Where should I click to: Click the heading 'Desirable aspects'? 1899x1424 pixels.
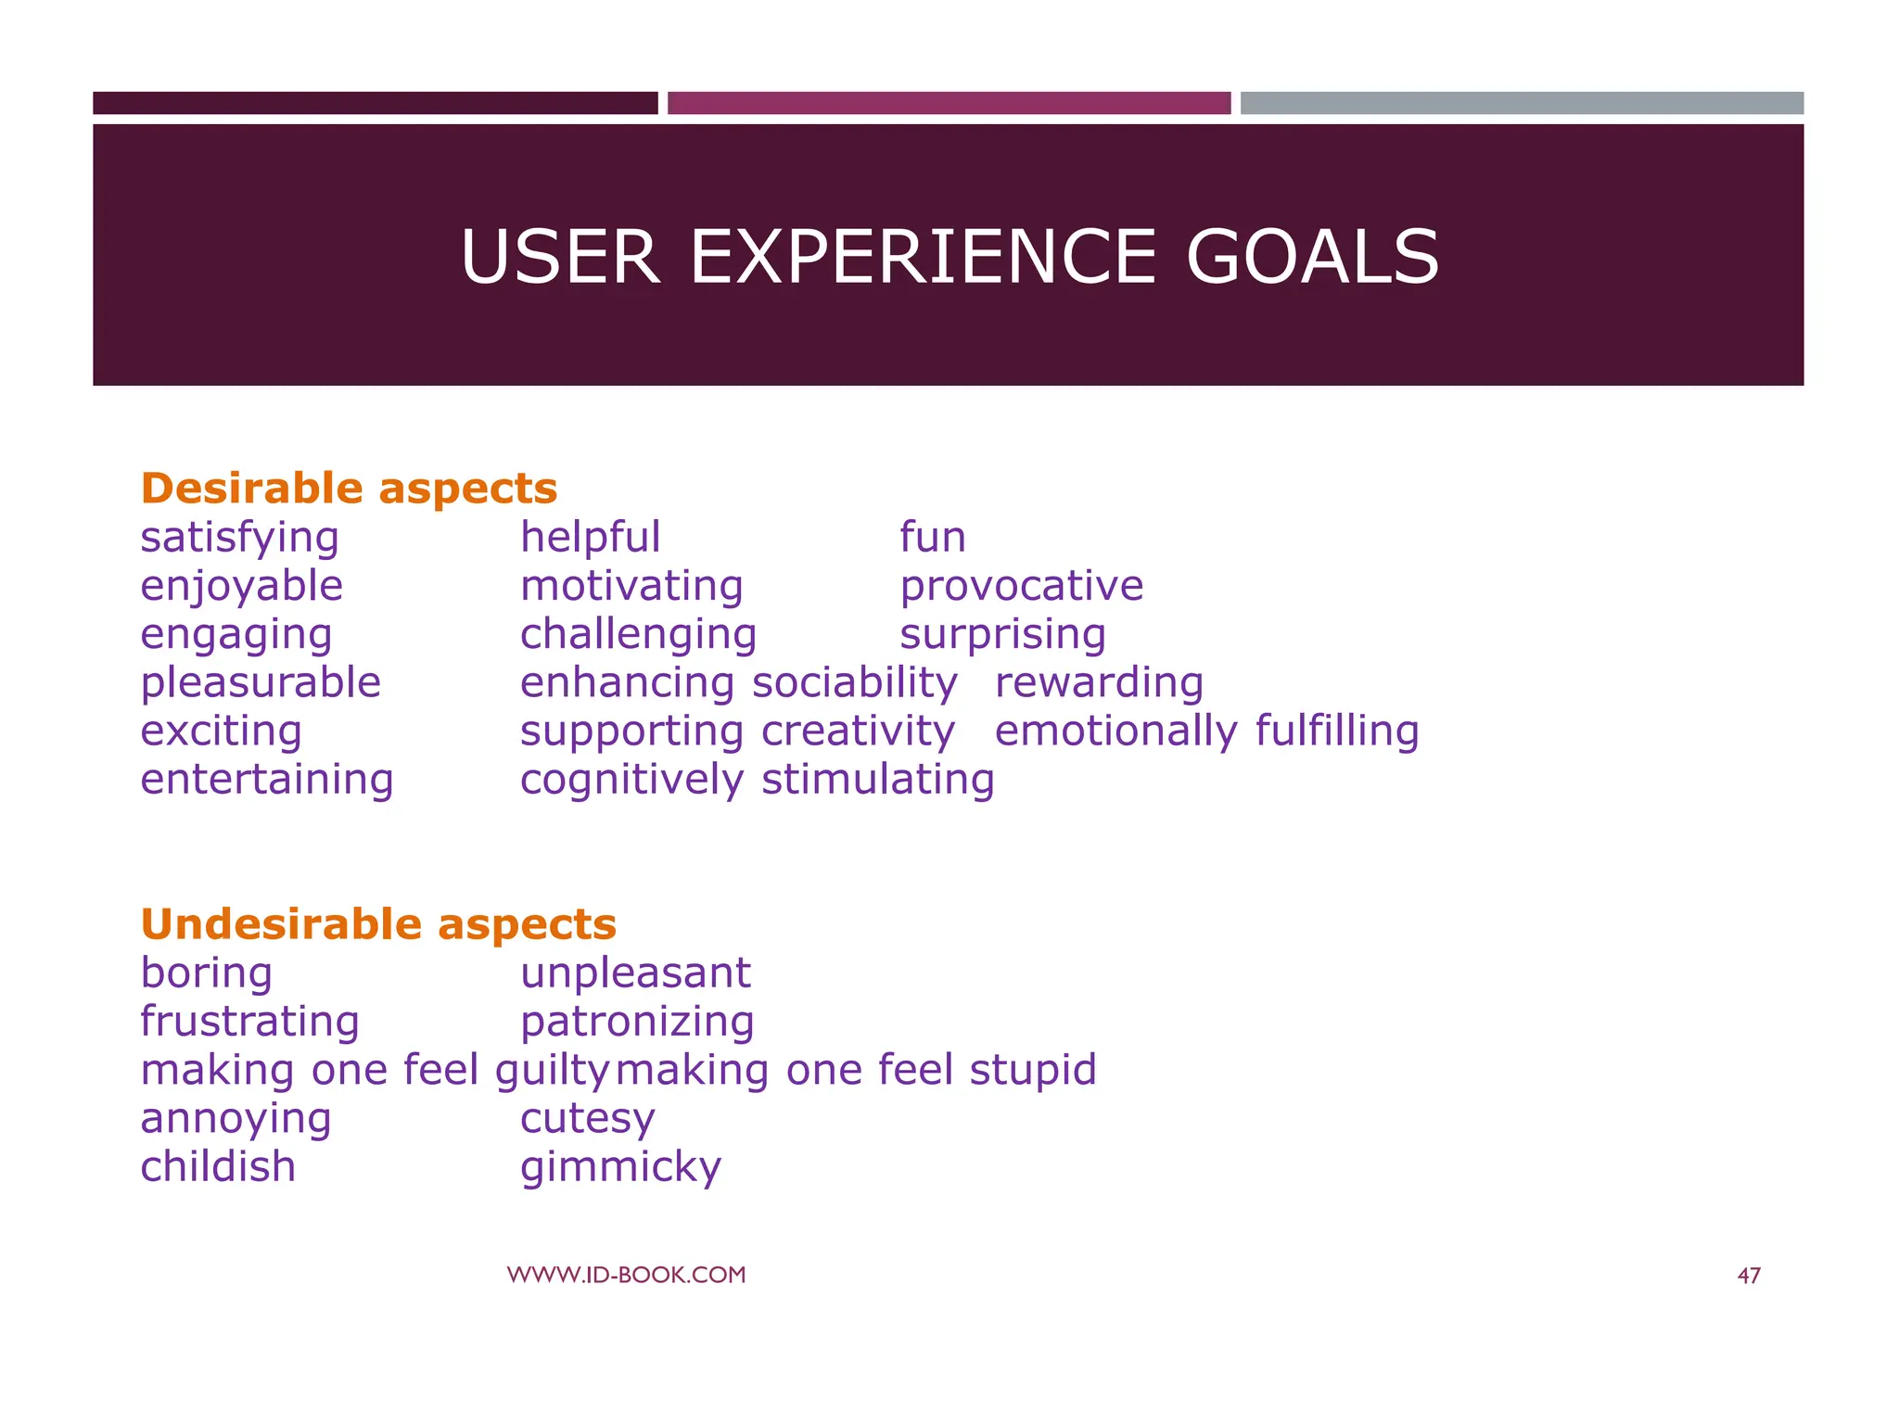point(349,489)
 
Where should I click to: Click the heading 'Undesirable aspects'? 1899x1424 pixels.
point(378,924)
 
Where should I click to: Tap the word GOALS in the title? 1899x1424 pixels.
point(1311,257)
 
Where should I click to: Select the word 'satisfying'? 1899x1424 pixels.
point(239,538)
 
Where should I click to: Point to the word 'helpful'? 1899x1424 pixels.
point(590,538)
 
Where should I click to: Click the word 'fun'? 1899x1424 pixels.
point(932,538)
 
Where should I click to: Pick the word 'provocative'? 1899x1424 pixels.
point(1021,586)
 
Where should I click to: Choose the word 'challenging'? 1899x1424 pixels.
point(638,635)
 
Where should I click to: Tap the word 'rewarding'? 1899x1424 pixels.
point(1099,683)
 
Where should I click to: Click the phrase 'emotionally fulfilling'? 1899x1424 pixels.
point(1206,731)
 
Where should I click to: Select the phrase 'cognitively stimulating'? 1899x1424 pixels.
point(757,780)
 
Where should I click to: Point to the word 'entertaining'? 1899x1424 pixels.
point(267,780)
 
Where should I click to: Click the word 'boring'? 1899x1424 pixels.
point(206,973)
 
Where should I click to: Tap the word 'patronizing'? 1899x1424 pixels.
point(637,1022)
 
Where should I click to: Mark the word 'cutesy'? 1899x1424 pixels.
point(587,1119)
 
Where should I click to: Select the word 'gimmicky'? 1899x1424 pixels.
point(620,1167)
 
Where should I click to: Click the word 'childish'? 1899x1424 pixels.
point(218,1167)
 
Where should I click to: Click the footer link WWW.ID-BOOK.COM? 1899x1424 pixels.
point(626,1275)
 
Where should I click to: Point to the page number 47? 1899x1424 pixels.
point(1748,1276)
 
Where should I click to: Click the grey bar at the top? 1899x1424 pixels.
point(1521,103)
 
